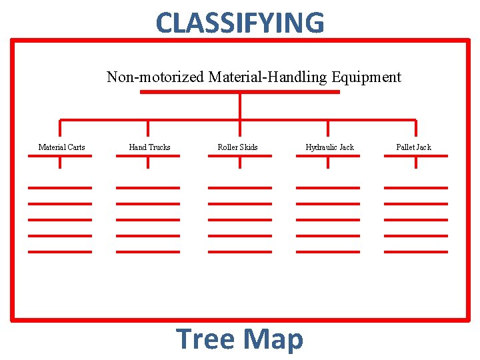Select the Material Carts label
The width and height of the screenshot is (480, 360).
61,147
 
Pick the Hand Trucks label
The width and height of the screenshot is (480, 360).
149,147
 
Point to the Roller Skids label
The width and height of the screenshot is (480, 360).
237,147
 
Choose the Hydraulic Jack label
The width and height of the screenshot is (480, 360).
329,147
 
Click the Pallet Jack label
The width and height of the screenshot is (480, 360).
413,147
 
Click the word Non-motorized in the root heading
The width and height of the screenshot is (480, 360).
156,77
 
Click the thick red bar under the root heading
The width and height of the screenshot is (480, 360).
240,92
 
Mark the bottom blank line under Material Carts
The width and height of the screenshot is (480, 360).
60,251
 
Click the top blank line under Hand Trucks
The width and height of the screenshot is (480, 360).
148,188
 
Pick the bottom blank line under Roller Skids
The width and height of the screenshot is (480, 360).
240,251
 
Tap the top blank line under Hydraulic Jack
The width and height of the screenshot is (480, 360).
328,188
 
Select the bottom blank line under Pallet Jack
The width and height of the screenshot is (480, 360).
416,251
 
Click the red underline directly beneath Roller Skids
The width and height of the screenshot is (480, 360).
240,156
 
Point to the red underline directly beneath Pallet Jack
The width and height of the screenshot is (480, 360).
416,156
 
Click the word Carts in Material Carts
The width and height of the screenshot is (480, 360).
75,147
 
